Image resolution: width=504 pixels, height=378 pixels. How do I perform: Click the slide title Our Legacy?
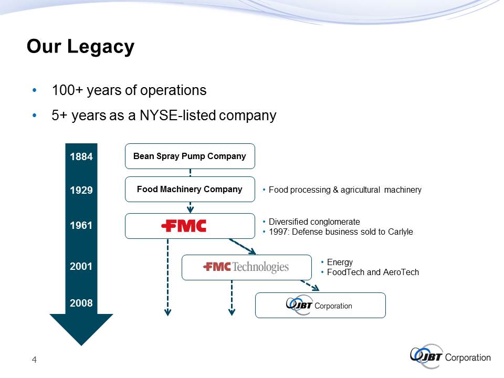[80, 47]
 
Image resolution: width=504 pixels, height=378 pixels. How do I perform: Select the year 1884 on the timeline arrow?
[81, 156]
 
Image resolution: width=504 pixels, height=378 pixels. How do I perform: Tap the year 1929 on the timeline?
[81, 190]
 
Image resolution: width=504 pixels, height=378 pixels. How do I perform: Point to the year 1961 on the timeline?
[81, 225]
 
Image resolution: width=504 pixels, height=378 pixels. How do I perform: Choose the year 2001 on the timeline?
[81, 266]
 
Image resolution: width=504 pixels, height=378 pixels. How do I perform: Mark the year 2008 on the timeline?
[81, 303]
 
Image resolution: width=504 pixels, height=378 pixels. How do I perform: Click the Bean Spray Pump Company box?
[190, 156]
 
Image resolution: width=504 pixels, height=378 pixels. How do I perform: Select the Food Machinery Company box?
[190, 190]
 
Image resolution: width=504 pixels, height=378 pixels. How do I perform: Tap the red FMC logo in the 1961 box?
[184, 226]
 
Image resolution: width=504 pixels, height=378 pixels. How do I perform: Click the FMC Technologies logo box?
[247, 267]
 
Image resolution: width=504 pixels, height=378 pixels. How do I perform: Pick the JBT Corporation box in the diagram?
[320, 306]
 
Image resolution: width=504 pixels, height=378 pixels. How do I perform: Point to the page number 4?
[35, 360]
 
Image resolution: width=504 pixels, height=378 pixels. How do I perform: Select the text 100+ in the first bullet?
[68, 90]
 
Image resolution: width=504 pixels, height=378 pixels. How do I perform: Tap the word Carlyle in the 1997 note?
[401, 232]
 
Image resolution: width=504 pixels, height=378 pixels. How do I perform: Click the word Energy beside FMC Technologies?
[340, 262]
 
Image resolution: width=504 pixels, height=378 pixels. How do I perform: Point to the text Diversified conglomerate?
[314, 222]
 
